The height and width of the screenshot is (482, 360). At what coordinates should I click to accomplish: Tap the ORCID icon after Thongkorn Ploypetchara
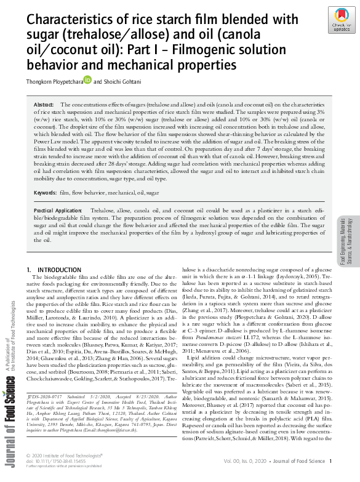click(87, 78)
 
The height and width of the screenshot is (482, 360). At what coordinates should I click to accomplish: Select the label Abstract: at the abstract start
click(44, 105)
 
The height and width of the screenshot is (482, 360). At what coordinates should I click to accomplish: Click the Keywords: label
click(45, 193)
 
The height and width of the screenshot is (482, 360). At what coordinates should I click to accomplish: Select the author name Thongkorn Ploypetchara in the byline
click(54, 79)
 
